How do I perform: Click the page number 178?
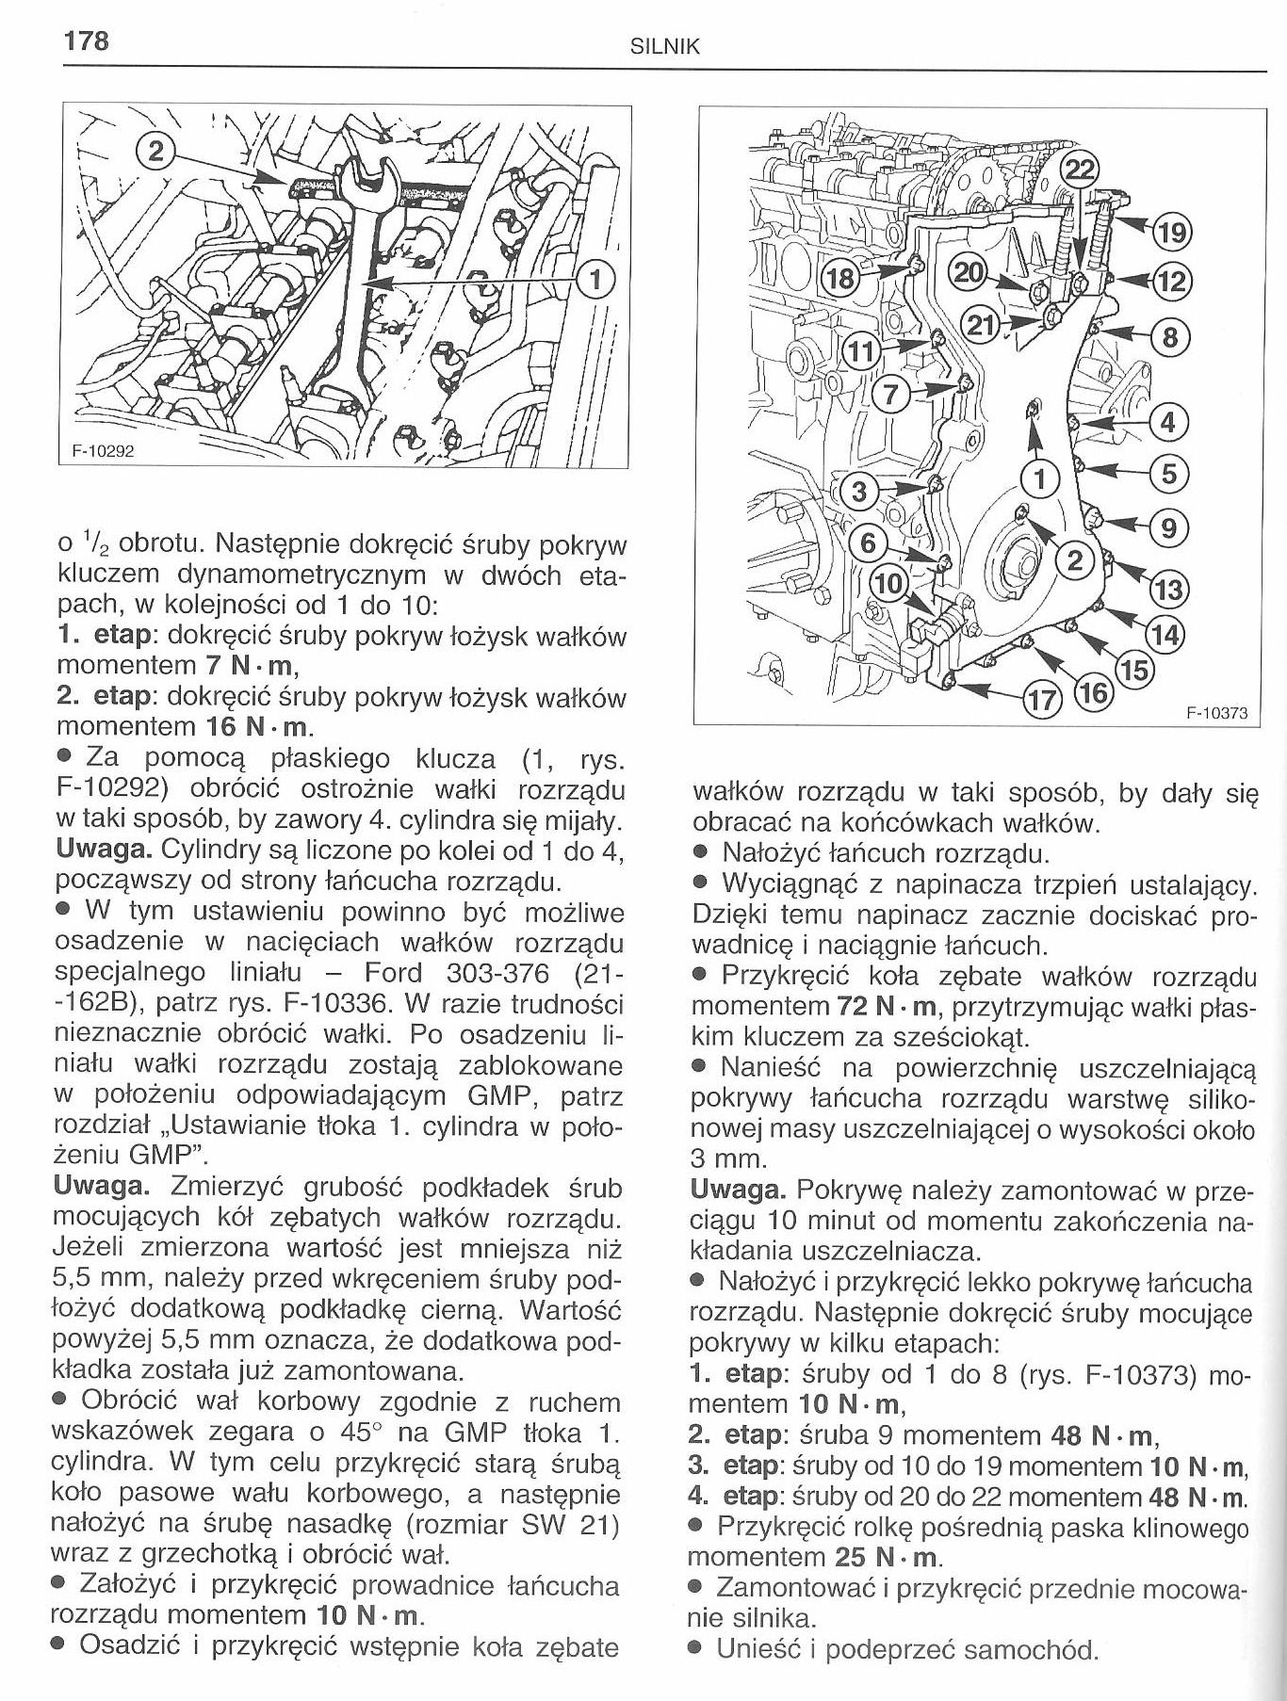click(x=86, y=40)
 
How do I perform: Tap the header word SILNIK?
click(x=664, y=46)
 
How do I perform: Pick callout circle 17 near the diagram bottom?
click(x=1042, y=698)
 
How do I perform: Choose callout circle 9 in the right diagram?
click(x=1168, y=527)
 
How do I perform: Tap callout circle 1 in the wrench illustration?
click(x=595, y=279)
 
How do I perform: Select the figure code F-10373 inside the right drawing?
click(x=1215, y=713)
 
